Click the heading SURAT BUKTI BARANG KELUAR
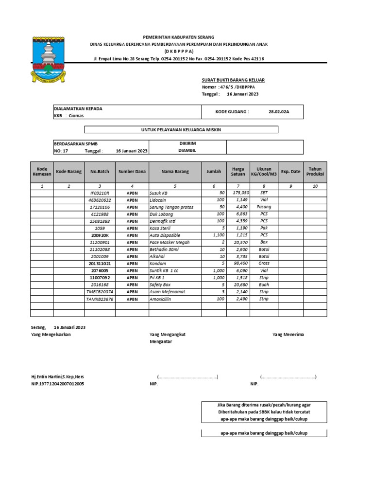[x=233, y=80]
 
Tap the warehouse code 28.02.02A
[x=279, y=111]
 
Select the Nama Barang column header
[x=175, y=171]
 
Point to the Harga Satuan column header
[x=238, y=171]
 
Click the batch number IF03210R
[x=100, y=193]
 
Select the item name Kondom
[x=158, y=264]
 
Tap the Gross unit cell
[x=264, y=264]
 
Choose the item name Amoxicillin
[x=161, y=299]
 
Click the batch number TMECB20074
[x=100, y=292]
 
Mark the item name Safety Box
[x=160, y=285]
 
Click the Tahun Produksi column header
[x=315, y=171]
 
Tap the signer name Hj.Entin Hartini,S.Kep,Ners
[x=61, y=376]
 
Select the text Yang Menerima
[x=288, y=335]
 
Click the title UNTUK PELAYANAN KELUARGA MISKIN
[x=181, y=129]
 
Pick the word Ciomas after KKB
[x=76, y=116]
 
